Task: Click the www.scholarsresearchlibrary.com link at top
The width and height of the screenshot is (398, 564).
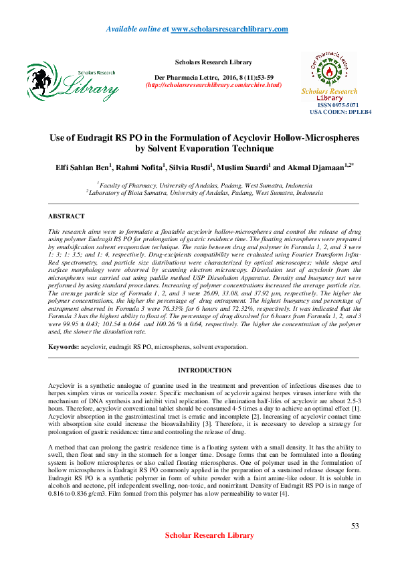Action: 229,29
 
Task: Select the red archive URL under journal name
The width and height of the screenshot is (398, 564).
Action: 213,85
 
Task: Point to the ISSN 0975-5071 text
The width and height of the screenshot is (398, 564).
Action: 338,105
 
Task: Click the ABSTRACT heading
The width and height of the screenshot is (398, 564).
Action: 66,216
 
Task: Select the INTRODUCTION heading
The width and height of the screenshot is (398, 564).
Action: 204,370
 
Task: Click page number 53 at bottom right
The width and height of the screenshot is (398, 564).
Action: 355,526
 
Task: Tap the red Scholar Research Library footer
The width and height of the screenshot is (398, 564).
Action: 209,535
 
